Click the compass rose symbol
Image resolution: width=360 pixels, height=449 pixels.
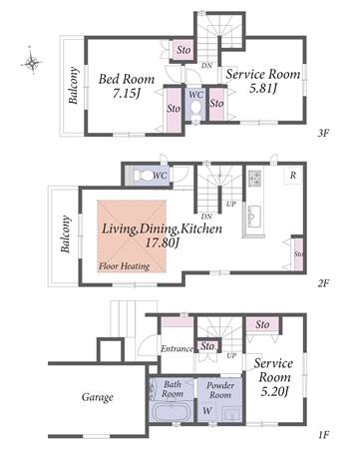[x=32, y=62]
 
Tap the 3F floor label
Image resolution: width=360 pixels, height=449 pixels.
[x=323, y=134]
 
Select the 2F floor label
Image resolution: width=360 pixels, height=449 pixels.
[x=323, y=283]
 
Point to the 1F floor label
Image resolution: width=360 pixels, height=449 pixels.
[x=323, y=435]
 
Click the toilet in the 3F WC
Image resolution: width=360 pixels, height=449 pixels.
[x=196, y=108]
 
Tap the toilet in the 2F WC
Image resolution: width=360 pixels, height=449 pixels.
[x=143, y=175]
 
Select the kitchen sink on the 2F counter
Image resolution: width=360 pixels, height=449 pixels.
[x=254, y=216]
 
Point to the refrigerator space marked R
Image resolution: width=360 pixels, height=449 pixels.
[x=293, y=176]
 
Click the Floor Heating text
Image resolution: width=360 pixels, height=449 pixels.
[x=124, y=266]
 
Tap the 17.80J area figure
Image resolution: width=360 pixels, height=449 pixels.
[x=162, y=243]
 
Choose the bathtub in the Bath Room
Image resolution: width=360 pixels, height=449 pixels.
[x=172, y=412]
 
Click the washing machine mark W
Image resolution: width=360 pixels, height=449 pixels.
[x=206, y=411]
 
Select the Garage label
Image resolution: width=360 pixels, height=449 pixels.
[x=98, y=397]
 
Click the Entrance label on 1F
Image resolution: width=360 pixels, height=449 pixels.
[x=177, y=348]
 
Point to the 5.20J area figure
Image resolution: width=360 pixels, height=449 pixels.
[x=274, y=392]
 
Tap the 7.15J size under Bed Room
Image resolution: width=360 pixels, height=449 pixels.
[x=126, y=94]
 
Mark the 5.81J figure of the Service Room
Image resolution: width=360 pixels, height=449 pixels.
[x=263, y=88]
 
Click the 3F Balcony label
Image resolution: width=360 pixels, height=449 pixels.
[x=74, y=86]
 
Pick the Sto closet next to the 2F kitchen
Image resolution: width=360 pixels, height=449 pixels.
[x=298, y=253]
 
